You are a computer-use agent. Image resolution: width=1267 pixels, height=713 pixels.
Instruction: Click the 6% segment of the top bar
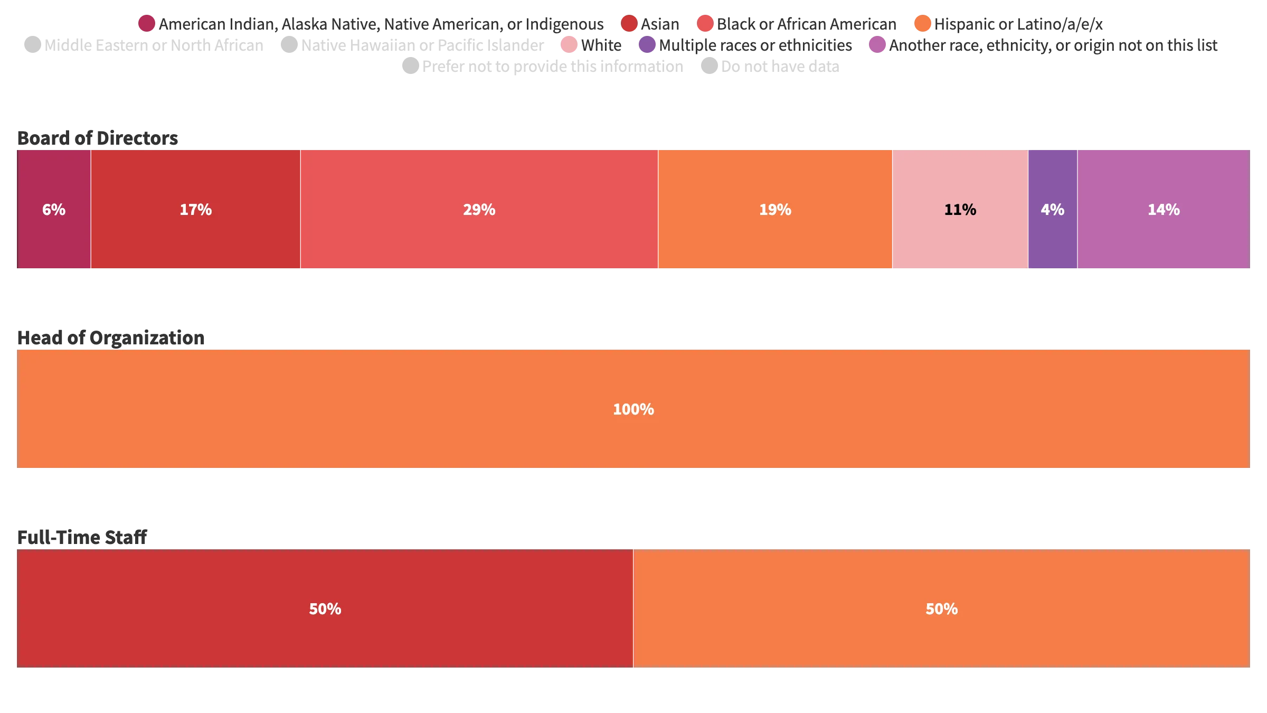click(53, 210)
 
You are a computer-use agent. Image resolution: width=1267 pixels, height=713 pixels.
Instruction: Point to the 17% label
click(195, 210)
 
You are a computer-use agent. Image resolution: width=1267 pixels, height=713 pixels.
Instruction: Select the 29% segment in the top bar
click(479, 210)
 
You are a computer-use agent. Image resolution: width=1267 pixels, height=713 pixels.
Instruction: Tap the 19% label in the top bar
click(775, 210)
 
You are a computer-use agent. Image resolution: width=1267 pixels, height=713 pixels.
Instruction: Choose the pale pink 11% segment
click(960, 210)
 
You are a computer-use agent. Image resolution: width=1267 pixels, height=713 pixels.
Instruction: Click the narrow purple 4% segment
click(1052, 210)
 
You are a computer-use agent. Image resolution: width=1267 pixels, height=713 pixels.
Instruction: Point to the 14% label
click(1164, 210)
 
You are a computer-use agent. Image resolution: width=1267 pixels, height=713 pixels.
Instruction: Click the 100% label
click(633, 409)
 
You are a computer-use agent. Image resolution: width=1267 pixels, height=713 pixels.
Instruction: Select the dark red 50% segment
click(325, 609)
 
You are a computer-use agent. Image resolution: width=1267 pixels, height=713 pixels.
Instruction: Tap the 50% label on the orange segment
click(941, 609)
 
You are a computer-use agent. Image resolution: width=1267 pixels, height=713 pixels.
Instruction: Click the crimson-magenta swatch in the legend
click(146, 24)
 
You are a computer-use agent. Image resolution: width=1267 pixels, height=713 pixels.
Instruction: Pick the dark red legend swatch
click(629, 24)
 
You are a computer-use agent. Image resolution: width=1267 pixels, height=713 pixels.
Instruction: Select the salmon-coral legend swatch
click(705, 24)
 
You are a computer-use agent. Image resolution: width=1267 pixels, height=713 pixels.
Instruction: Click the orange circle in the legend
click(922, 24)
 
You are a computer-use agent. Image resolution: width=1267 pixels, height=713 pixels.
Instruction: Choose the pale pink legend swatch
click(569, 45)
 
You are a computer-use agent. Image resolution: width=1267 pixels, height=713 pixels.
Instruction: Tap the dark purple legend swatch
click(647, 45)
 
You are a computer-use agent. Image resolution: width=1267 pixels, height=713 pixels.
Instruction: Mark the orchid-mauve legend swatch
click(877, 45)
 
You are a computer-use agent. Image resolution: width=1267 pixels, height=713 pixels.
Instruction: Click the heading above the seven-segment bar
click(99, 139)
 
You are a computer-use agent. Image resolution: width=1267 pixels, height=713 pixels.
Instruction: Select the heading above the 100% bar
click(111, 339)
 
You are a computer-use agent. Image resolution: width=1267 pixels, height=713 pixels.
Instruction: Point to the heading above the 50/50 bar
click(82, 537)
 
